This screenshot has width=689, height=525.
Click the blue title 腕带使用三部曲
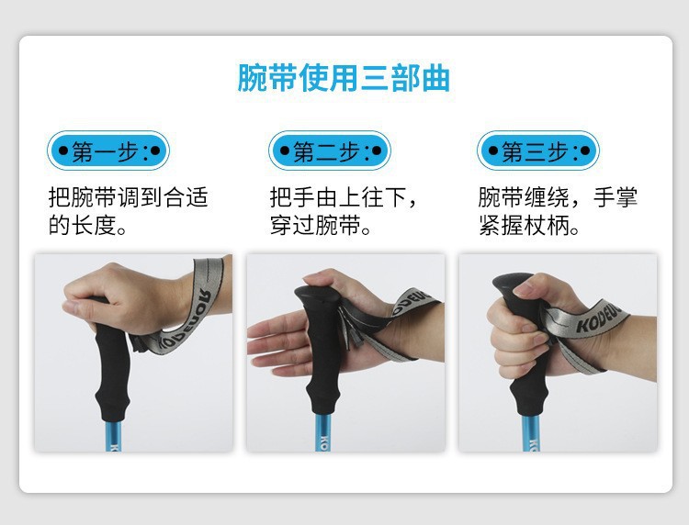tap(344, 78)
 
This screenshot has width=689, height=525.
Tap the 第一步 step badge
tap(108, 151)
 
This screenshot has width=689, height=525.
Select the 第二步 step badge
tap(330, 151)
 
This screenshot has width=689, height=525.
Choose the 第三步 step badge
tap(538, 151)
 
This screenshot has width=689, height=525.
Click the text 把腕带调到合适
tap(128, 197)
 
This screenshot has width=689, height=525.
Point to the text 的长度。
tap(88, 225)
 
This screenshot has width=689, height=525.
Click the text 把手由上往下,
tap(344, 197)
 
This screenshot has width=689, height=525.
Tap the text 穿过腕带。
tap(321, 225)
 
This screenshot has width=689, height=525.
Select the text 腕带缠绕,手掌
tap(558, 197)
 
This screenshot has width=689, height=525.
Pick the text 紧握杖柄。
tap(529, 225)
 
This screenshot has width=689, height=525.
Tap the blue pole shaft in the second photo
tap(323, 432)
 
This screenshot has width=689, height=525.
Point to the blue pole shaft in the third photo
tap(531, 433)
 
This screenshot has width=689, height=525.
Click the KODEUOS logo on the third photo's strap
tap(601, 319)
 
